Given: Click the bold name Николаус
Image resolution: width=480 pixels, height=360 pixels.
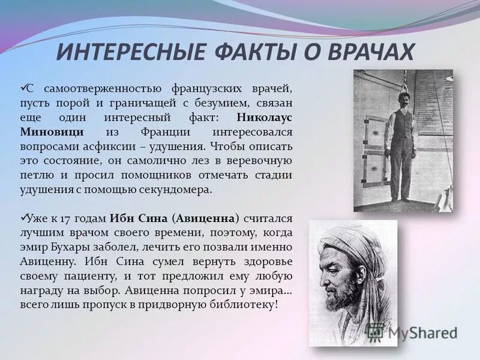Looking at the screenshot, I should coord(264,118).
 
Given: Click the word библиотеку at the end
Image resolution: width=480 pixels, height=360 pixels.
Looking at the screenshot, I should coord(245,304).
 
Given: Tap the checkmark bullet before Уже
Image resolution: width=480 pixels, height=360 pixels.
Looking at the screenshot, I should coord(24,217).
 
